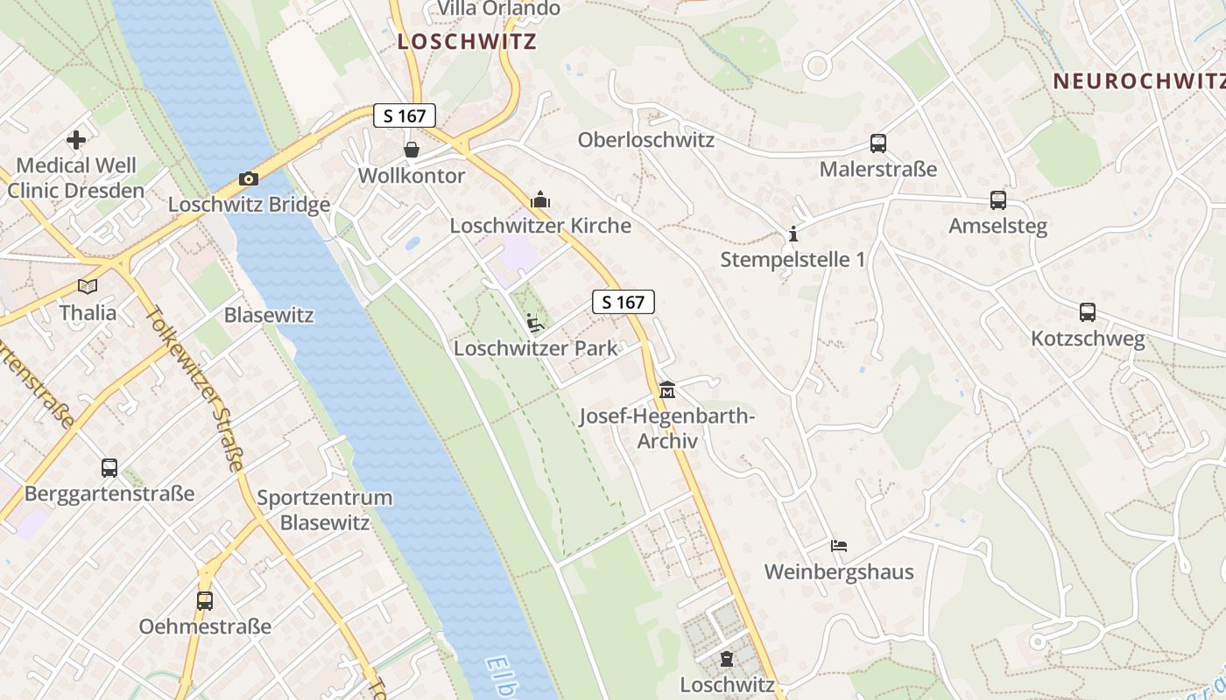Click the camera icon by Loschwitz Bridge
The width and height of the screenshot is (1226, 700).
click(x=249, y=179)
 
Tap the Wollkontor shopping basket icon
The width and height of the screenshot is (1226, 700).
click(x=411, y=150)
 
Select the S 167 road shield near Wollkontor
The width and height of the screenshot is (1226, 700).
click(x=405, y=115)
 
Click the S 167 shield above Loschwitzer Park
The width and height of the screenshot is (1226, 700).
click(x=624, y=303)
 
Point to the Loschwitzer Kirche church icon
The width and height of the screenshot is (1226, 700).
click(x=540, y=199)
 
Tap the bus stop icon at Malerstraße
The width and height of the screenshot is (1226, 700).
click(x=878, y=143)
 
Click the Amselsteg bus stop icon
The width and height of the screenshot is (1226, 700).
click(x=997, y=200)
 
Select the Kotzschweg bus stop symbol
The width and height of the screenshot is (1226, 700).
click(x=1087, y=312)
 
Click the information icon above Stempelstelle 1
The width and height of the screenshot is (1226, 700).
click(x=793, y=234)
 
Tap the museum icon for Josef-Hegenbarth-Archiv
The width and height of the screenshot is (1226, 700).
click(x=667, y=388)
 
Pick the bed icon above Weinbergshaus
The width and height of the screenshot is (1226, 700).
click(x=839, y=546)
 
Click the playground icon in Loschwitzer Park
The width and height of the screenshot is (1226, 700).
click(x=534, y=323)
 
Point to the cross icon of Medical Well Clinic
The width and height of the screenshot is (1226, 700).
click(x=76, y=139)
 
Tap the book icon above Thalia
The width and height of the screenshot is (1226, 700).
click(x=87, y=286)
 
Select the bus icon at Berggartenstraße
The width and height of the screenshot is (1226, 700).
click(x=109, y=468)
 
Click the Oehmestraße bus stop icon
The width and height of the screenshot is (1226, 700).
click(x=205, y=601)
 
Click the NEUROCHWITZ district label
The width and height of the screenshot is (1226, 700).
click(x=1138, y=81)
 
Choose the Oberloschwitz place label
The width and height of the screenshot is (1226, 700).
click(x=646, y=140)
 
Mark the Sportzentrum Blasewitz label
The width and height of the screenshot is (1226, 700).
click(x=325, y=510)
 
